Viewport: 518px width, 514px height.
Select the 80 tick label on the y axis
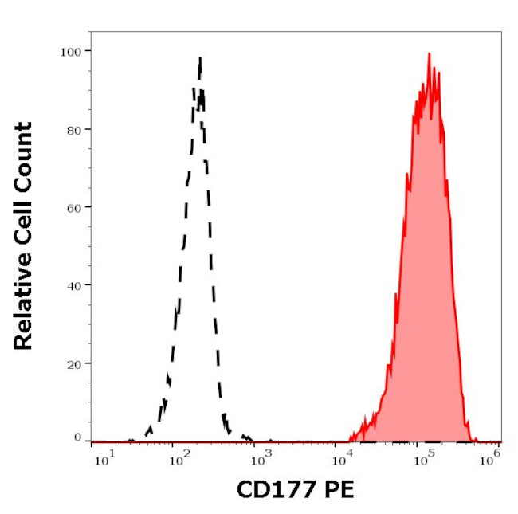[74, 129]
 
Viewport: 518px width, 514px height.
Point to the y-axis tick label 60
[74, 207]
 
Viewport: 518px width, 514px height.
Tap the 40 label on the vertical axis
[74, 284]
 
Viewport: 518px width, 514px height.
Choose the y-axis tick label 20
[74, 363]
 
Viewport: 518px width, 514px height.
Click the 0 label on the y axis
[77, 437]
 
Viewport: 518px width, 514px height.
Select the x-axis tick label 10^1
[104, 457]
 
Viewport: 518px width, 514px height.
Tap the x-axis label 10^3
[264, 457]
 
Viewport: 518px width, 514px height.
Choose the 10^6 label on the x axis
[492, 457]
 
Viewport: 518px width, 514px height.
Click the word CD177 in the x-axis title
[269, 489]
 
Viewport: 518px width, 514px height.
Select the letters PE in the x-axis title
[334, 489]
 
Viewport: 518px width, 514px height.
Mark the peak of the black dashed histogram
[200, 57]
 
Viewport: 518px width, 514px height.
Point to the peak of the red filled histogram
[429, 54]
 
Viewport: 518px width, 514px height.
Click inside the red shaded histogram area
[426, 279]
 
